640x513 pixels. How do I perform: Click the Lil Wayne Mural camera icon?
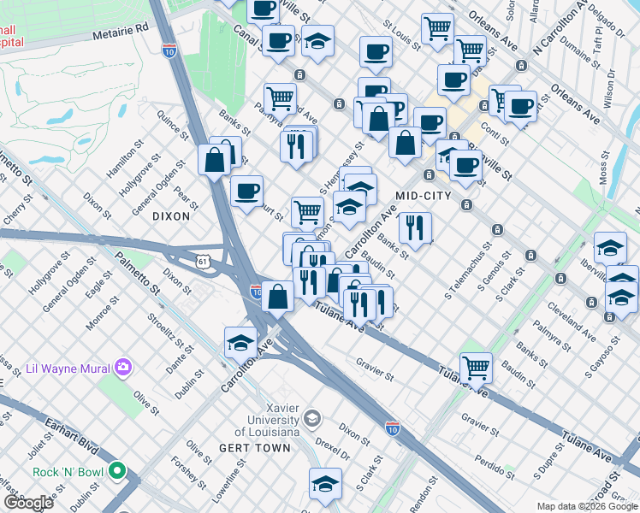tap(124, 368)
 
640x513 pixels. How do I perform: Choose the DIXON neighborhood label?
tap(171, 216)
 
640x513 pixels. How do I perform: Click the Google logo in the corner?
tap(28, 502)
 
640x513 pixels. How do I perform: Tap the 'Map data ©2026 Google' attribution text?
tap(587, 506)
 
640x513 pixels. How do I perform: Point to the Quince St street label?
tap(172, 121)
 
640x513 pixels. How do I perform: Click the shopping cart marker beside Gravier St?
tap(476, 369)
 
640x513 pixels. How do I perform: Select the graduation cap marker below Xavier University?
tap(325, 484)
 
